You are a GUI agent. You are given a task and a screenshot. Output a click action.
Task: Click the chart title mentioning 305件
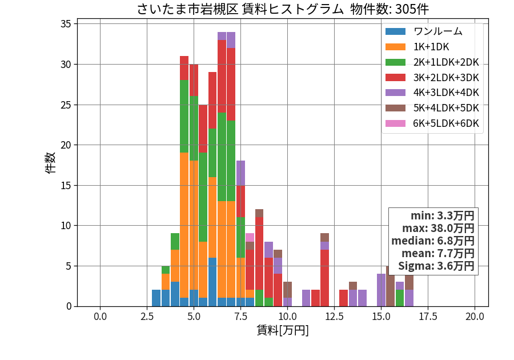(x=283, y=9)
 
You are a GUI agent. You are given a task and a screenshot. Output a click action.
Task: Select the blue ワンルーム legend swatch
(x=395, y=31)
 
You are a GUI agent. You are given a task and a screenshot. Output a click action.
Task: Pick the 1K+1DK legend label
(x=431, y=47)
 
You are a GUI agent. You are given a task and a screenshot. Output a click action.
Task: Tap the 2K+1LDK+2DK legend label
(x=446, y=62)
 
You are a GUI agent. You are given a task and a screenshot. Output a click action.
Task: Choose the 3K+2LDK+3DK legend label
(x=446, y=78)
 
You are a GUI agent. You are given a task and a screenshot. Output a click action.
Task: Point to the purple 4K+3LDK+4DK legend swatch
(x=395, y=93)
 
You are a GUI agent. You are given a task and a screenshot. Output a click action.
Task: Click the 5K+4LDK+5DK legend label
(x=446, y=108)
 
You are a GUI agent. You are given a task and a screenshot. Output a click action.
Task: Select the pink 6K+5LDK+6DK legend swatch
(x=395, y=123)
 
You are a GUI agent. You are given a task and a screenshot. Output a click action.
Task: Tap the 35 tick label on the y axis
(x=66, y=24)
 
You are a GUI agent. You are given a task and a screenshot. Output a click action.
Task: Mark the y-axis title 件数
(x=50, y=163)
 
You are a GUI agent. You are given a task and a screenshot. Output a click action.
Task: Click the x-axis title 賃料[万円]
(x=283, y=330)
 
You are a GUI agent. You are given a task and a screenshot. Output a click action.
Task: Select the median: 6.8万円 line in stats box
(x=433, y=241)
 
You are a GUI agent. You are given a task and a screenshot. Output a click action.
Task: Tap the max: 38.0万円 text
(x=438, y=228)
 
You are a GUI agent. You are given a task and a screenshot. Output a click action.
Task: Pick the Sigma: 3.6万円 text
(x=436, y=266)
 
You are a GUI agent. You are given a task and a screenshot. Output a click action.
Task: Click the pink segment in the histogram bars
(x=250, y=237)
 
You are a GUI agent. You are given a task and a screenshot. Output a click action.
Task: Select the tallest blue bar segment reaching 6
(x=212, y=282)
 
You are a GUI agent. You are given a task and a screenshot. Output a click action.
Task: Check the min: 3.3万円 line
(x=443, y=216)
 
